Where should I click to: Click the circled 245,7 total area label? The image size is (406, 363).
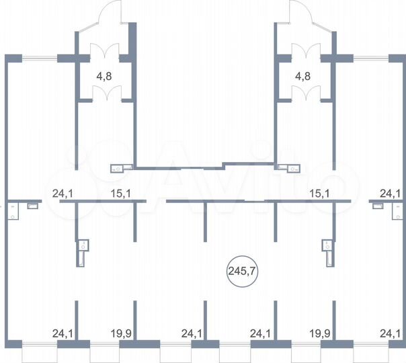pos(242,271)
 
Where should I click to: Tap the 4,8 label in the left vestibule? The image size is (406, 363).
pos(104,77)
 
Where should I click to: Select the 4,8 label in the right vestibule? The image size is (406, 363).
pos(302,77)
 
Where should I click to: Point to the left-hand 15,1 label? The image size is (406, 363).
pos(121,194)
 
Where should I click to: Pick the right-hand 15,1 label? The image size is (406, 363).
pos(320,194)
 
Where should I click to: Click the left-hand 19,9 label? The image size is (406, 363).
pos(121,333)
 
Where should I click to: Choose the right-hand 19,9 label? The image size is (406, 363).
pos(320,333)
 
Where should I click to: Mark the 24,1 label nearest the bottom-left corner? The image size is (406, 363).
pos(63,333)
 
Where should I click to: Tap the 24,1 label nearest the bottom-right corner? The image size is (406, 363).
pos(391,333)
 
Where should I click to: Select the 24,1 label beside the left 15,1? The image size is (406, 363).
pos(63,194)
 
